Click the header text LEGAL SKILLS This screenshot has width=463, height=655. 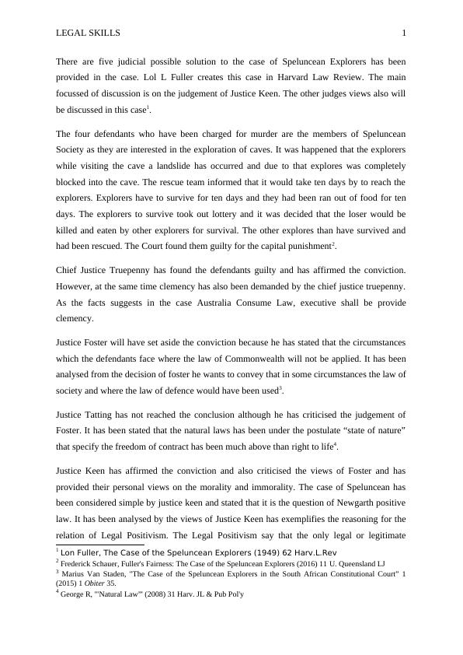89,33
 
